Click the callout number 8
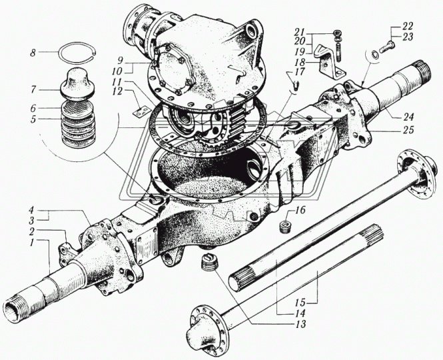[x=33, y=53]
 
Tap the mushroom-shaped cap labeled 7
[x=77, y=84]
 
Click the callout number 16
[x=300, y=210]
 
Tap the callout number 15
[x=300, y=303]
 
